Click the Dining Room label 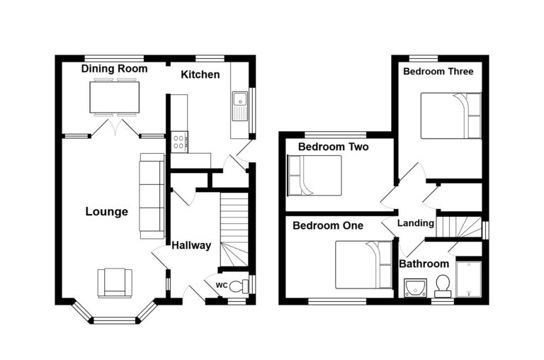tap(114, 69)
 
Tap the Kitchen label tap(200, 74)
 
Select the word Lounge tap(106, 211)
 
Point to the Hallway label tap(191, 245)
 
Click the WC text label tap(221, 286)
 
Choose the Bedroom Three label tap(438, 72)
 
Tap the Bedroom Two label tap(333, 147)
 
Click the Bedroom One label tap(328, 225)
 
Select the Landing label tap(416, 223)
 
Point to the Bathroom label tap(424, 264)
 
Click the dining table tap(115, 97)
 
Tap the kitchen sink tap(240, 106)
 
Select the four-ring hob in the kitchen tap(179, 142)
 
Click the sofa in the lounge tap(152, 196)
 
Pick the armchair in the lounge tap(115, 283)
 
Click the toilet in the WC tap(239, 286)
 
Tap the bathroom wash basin tap(415, 288)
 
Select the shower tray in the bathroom tap(469, 279)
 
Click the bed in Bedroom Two tap(314, 175)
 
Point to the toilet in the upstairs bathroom tap(443, 286)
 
